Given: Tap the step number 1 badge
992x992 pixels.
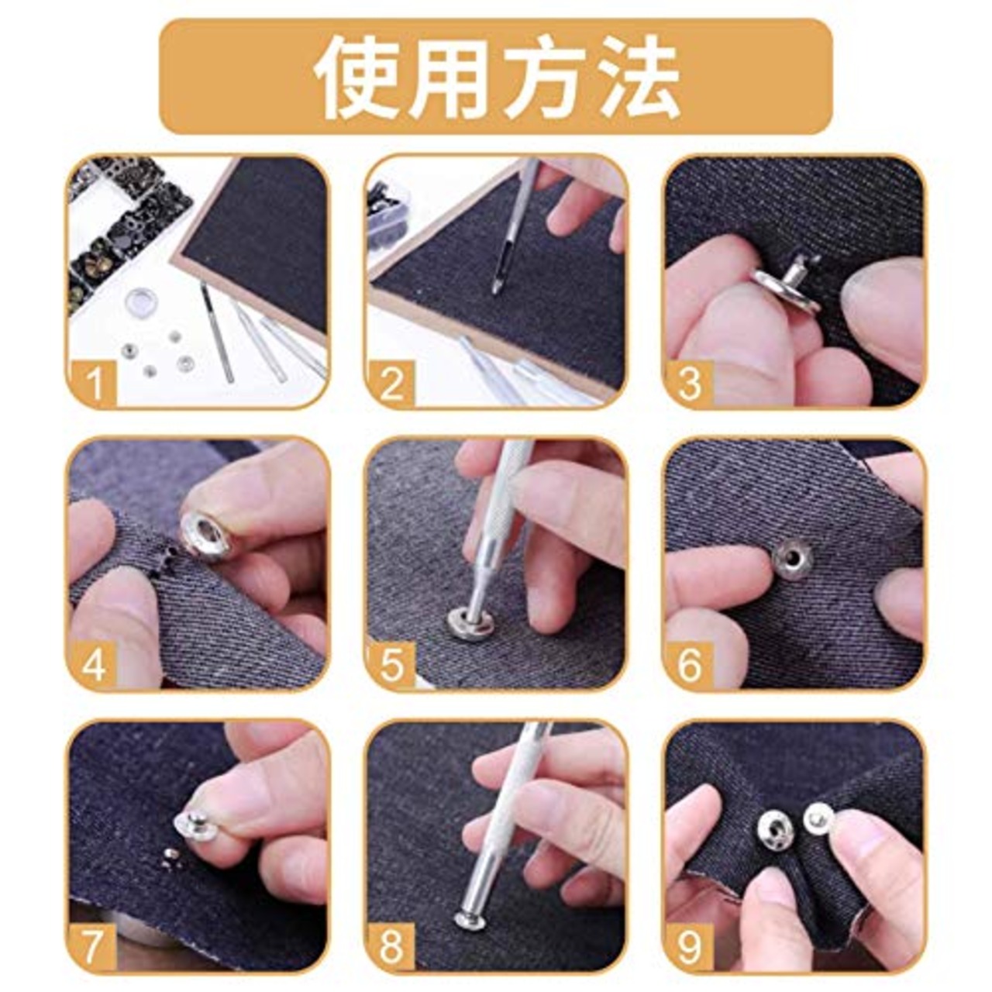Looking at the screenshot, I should pos(94,384).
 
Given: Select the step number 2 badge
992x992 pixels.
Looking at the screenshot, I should pos(392,384).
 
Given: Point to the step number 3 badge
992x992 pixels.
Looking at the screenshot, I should pos(690,384).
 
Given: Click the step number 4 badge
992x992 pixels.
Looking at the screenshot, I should pos(94,666).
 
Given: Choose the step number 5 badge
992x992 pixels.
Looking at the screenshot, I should pos(392,666).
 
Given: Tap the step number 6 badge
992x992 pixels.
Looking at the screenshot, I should pos(690,666).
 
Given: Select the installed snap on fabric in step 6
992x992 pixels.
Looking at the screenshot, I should pos(792,556).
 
